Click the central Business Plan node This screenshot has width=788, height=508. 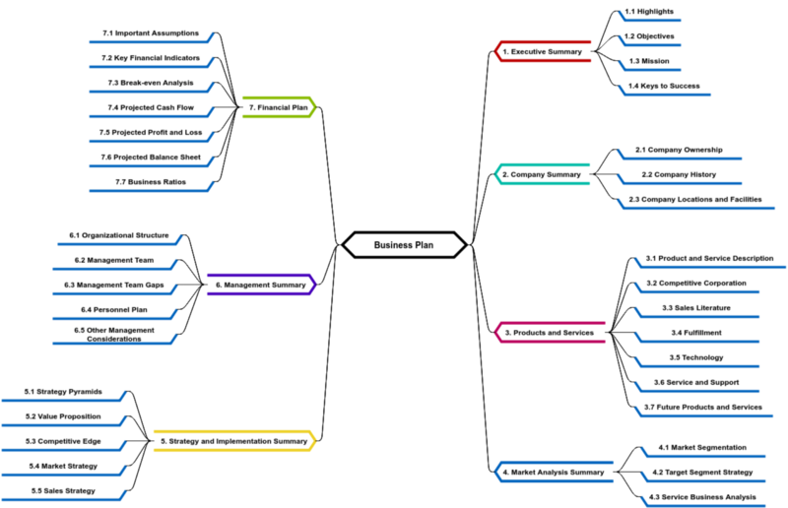[x=404, y=245]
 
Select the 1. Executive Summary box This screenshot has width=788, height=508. [x=543, y=51]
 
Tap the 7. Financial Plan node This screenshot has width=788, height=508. [x=280, y=107]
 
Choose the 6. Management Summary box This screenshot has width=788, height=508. [x=261, y=285]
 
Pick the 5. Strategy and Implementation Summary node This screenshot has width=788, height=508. [x=234, y=441]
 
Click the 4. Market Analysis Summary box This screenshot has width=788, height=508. [x=554, y=472]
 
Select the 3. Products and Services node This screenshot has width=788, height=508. [x=549, y=333]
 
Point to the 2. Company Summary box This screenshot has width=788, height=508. [x=542, y=174]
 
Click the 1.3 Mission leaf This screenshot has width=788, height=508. [x=649, y=61]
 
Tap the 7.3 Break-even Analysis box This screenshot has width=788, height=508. [x=150, y=83]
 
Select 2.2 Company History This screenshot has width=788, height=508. [x=678, y=174]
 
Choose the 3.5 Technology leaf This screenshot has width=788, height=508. [x=695, y=357]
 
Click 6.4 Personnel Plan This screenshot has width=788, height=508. [x=113, y=309]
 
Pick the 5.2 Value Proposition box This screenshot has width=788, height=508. [x=63, y=416]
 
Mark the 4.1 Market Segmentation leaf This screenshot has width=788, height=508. [x=702, y=447]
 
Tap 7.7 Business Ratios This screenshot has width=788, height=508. [x=150, y=182]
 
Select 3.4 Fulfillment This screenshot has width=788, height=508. [x=695, y=333]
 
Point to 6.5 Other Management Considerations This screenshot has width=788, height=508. [x=113, y=335]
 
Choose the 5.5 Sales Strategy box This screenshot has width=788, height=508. [x=63, y=490]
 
